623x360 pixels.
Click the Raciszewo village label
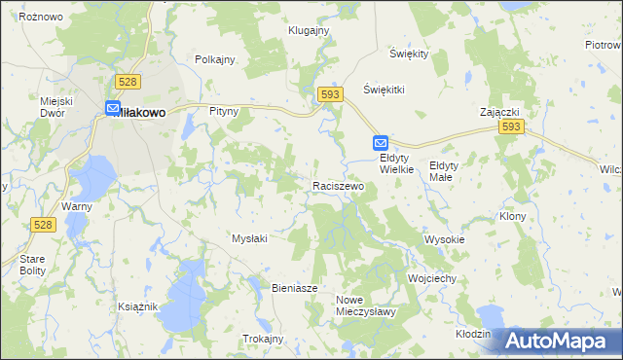click(338, 185)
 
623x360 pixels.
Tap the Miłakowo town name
click(143, 113)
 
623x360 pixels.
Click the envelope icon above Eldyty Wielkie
click(381, 142)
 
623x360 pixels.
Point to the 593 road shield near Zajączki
click(510, 127)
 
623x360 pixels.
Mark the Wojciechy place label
click(432, 278)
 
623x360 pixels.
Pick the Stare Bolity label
click(25, 265)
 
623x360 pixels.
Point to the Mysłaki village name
click(250, 237)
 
